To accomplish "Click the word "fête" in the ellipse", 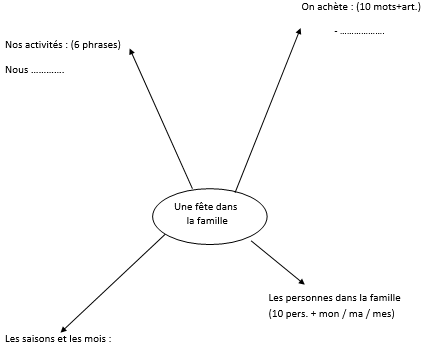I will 203,205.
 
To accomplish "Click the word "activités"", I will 43,45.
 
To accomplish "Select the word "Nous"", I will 16,70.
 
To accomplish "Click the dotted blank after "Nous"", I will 48,72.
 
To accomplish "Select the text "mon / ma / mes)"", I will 365,315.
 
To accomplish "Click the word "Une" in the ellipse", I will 182,205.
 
